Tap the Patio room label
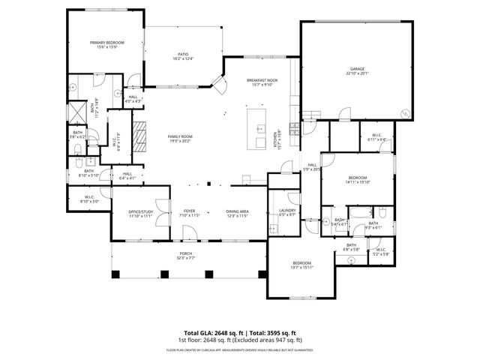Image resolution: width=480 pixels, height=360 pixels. click(183, 56)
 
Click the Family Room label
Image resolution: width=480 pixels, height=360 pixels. click(180, 137)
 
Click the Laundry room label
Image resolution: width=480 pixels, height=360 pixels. click(287, 212)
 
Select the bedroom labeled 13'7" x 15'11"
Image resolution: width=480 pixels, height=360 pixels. click(301, 265)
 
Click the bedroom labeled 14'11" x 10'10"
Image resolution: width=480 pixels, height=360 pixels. click(356, 179)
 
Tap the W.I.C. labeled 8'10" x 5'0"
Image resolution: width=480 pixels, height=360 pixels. click(88, 199)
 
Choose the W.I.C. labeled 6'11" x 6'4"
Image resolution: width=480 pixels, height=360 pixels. click(377, 136)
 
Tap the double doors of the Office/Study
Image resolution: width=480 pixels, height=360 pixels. click(160, 212)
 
